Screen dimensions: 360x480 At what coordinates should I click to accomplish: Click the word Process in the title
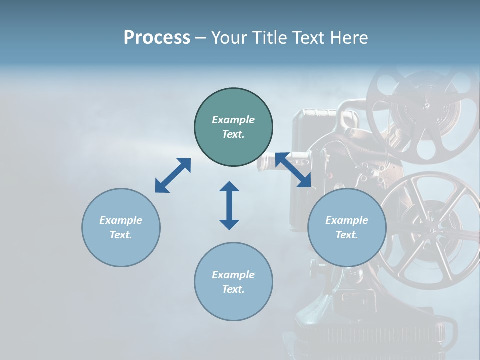pos(157,38)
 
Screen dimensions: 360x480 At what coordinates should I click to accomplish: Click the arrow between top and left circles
pos(173,175)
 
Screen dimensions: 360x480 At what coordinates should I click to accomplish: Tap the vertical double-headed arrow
pos(229,205)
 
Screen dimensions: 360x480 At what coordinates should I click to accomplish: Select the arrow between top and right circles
pos(293,170)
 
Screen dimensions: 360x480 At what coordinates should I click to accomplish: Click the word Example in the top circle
pos(233,120)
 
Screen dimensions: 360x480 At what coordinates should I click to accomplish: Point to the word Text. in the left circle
pos(121,235)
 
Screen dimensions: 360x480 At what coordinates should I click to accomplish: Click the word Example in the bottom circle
pos(233,274)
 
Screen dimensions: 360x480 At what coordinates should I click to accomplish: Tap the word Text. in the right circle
pos(347,235)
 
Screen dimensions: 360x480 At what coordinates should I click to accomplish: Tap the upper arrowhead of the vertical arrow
pos(229,187)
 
